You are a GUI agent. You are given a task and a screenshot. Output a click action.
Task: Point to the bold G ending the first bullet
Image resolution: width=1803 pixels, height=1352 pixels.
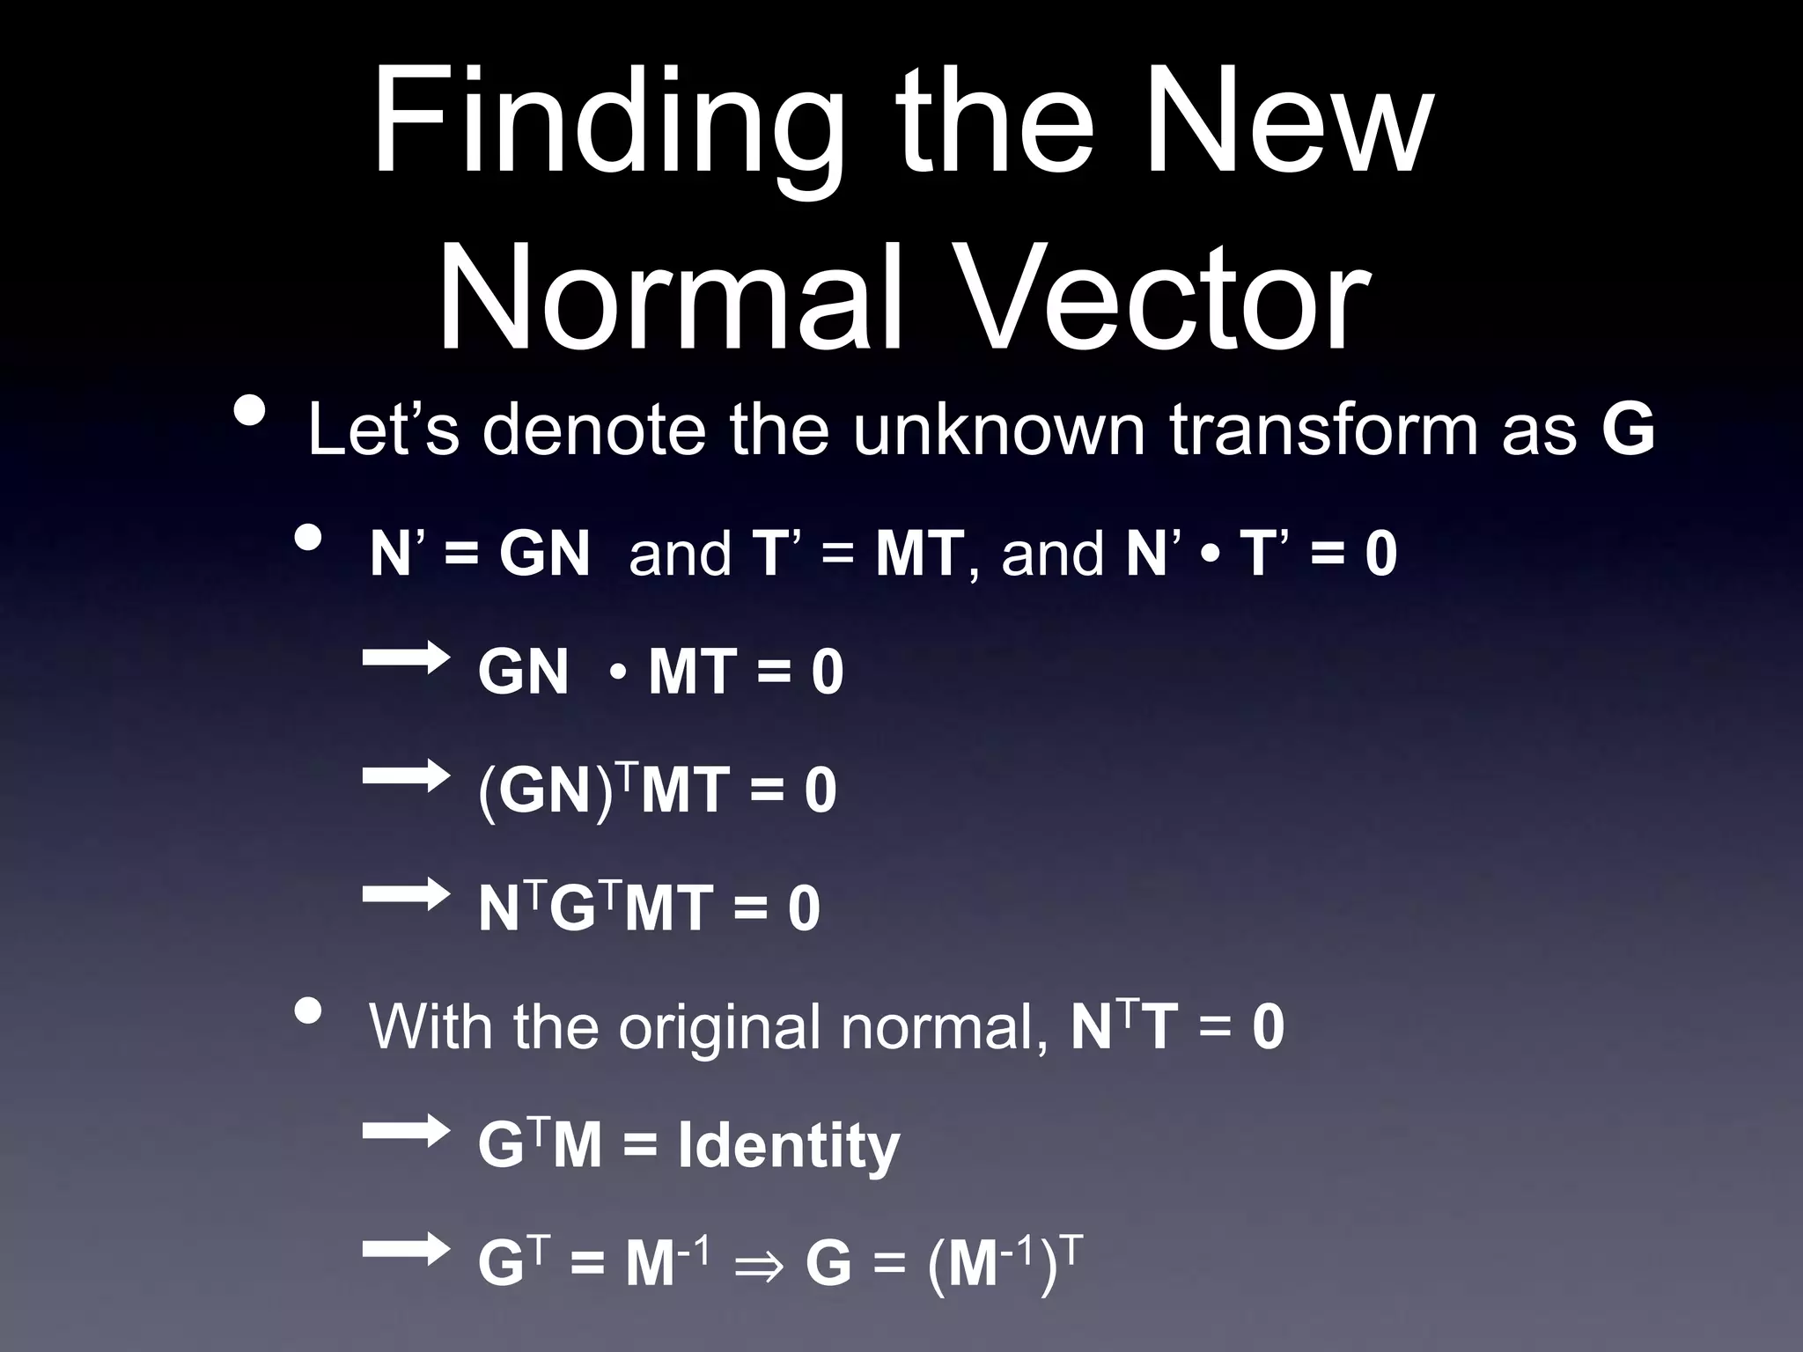[1628, 430]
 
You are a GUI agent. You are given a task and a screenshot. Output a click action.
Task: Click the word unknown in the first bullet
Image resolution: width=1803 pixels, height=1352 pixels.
[999, 430]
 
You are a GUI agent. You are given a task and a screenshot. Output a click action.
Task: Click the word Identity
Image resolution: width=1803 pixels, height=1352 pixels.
[789, 1146]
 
